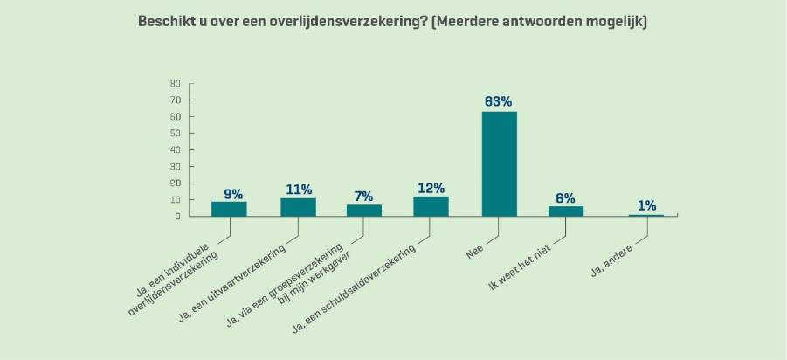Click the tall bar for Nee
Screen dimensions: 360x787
pyautogui.click(x=500, y=163)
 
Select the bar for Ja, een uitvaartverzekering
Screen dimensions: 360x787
pyautogui.click(x=298, y=207)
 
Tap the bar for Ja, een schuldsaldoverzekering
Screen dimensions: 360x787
pyautogui.click(x=431, y=206)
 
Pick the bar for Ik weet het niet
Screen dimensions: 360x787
pyautogui.click(x=566, y=211)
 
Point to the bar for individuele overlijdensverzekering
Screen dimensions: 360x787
pyautogui.click(x=229, y=209)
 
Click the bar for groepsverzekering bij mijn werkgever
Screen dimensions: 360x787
pyautogui.click(x=364, y=210)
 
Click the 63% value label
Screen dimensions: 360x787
pyautogui.click(x=499, y=101)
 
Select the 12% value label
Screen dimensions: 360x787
pyautogui.click(x=431, y=187)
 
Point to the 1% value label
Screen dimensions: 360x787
pyautogui.click(x=646, y=205)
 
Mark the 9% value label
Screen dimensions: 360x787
pyautogui.click(x=232, y=193)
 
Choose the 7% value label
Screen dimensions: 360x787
pyautogui.click(x=364, y=196)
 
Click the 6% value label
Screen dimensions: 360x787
pyautogui.click(x=566, y=197)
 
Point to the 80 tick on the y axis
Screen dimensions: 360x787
pyautogui.click(x=175, y=84)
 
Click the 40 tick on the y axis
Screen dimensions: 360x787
pyautogui.click(x=175, y=149)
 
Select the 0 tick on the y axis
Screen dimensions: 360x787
pyautogui.click(x=177, y=216)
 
